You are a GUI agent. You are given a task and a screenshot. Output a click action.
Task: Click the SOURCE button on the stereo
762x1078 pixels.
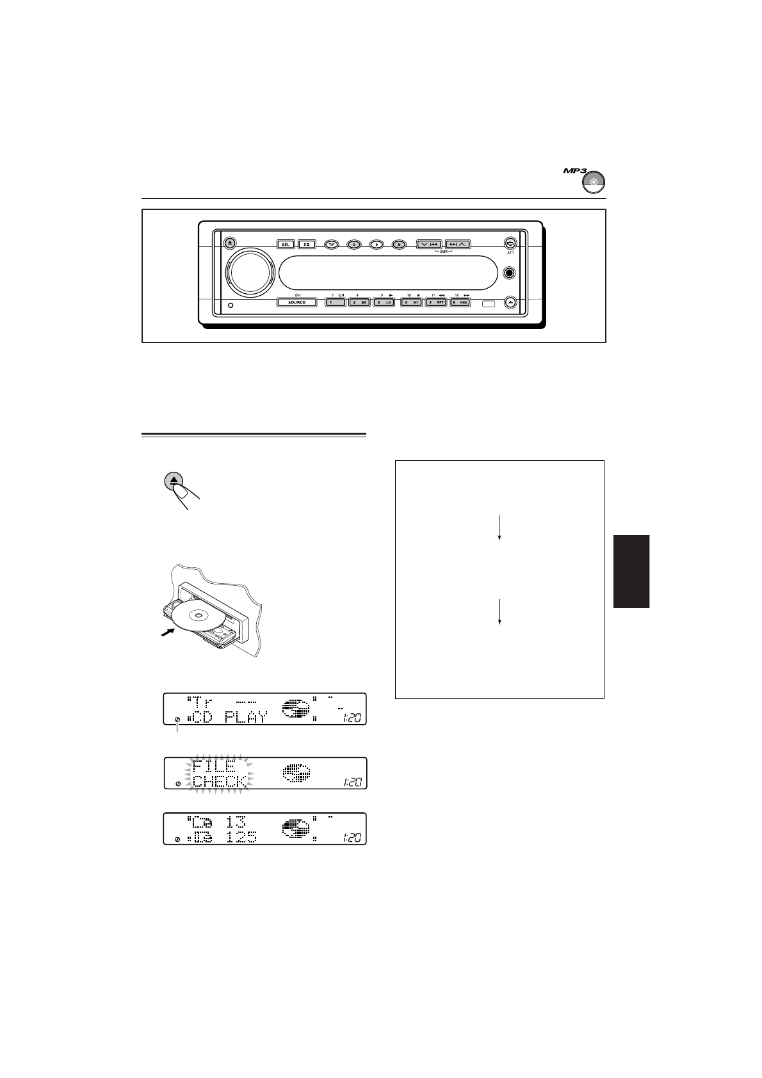click(x=296, y=302)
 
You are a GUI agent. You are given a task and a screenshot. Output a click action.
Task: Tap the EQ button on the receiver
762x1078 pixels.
click(x=306, y=244)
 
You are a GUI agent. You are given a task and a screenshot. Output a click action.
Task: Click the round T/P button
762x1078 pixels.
click(x=331, y=244)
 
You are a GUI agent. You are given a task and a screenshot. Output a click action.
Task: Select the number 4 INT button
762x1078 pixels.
click(x=410, y=302)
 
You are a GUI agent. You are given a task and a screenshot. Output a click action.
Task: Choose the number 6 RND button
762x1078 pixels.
click(x=460, y=302)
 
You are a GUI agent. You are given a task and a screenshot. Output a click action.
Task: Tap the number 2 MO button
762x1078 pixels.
click(x=360, y=302)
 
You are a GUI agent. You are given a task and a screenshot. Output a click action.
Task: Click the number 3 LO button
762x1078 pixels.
click(x=384, y=302)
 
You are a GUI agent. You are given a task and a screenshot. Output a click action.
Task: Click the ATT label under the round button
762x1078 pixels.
click(x=510, y=253)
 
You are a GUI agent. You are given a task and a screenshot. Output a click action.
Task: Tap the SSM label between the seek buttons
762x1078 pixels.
click(x=443, y=252)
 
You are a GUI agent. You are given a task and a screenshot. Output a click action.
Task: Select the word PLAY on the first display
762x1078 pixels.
click(x=246, y=717)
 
